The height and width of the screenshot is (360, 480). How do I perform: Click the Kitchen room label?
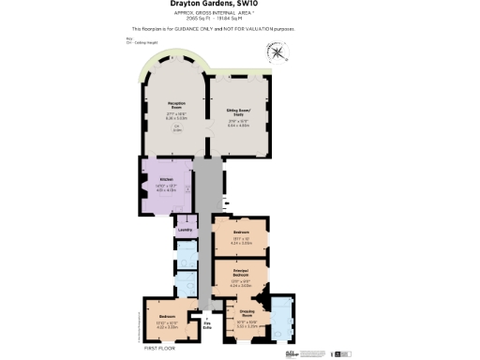(166, 179)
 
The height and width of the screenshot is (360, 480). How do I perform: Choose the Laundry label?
(185, 229)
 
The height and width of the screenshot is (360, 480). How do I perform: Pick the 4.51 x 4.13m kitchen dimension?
(166, 189)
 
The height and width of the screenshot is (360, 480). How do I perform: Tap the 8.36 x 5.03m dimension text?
(175, 118)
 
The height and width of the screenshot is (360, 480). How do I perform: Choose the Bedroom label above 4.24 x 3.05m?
(240, 232)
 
